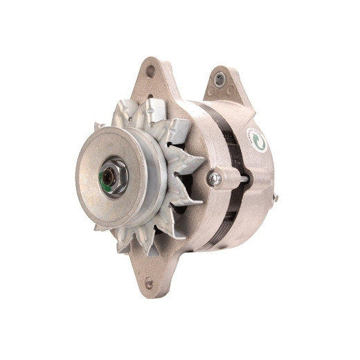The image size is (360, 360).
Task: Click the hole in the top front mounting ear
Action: point(150,70)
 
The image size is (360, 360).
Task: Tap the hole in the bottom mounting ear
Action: point(148,282)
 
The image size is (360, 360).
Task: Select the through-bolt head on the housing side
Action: point(215,179)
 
